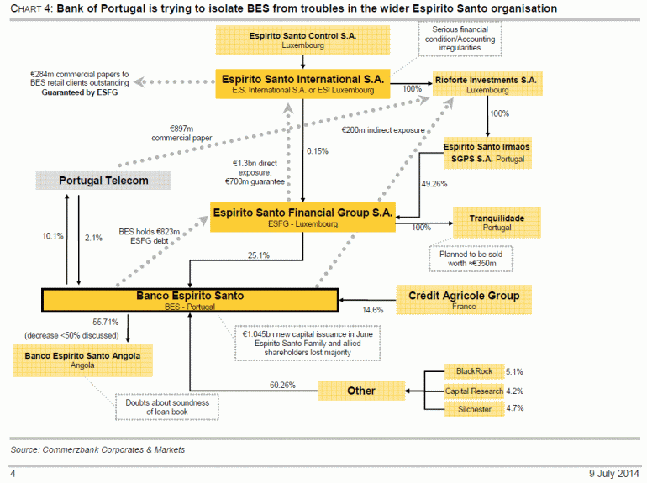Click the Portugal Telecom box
click(103, 181)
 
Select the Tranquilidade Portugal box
click(497, 223)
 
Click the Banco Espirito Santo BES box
click(190, 300)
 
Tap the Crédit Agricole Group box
click(464, 299)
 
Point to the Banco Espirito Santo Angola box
click(76, 360)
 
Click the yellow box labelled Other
click(361, 391)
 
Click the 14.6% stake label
click(372, 310)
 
